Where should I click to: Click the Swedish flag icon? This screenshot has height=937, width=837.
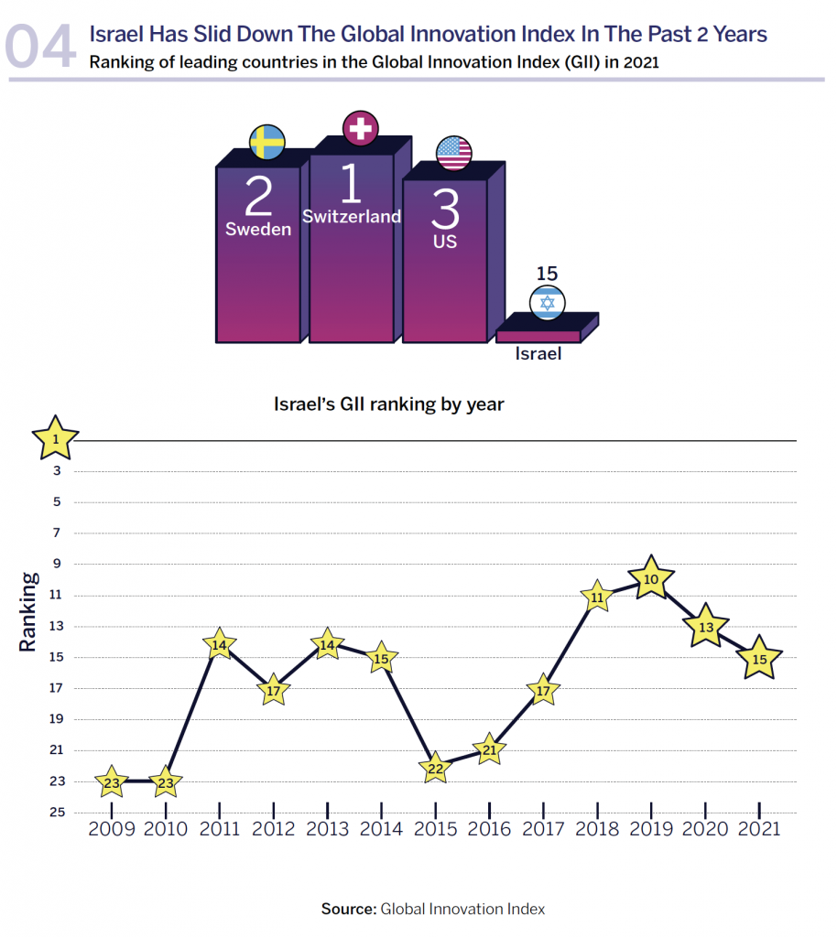point(267,142)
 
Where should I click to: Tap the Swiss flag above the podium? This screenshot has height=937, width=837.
point(361,128)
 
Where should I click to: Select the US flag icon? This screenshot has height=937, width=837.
point(454,153)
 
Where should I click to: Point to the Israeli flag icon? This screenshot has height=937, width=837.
point(548,302)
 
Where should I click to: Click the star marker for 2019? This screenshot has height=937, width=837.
point(651,578)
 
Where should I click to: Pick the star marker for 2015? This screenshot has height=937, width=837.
point(435,769)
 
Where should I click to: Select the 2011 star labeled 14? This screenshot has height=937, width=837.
point(219,645)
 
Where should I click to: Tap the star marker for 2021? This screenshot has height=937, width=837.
point(759,658)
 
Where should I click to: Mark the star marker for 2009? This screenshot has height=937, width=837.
point(111,782)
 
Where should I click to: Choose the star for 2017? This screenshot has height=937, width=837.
point(543,691)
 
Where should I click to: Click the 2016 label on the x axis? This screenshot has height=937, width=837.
point(489,829)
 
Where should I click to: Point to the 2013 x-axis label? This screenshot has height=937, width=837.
point(327,829)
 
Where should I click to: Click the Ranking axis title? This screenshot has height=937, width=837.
point(28,611)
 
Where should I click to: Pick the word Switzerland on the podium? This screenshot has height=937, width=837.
point(352,217)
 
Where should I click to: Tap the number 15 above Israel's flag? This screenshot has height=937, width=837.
point(548,273)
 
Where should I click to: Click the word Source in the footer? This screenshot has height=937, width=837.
point(348,909)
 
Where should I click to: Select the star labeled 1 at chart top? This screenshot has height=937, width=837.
point(56,439)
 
